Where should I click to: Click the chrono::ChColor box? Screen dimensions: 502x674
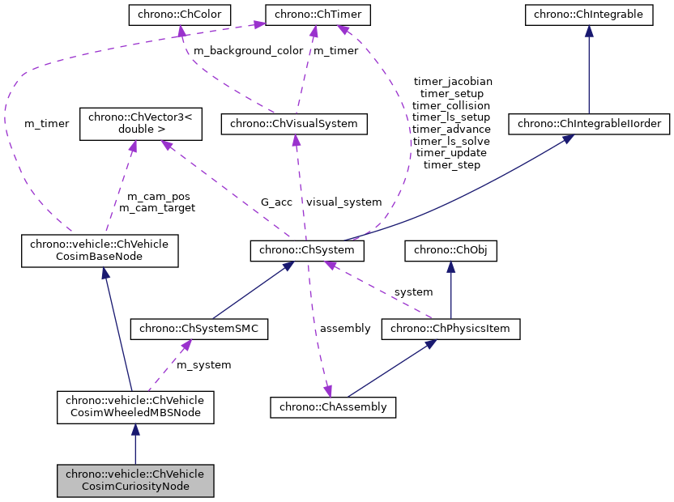[180, 14]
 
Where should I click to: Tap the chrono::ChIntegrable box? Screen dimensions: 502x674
[588, 14]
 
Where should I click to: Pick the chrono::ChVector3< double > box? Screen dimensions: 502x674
[134, 123]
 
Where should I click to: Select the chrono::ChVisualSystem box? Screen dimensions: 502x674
[295, 124]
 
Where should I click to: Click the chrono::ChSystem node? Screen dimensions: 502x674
[307, 252]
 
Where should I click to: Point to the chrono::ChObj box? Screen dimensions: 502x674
[450, 252]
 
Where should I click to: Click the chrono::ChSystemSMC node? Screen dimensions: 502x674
[198, 329]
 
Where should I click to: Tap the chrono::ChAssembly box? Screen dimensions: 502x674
[333, 406]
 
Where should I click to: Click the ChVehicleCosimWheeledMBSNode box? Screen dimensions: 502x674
[134, 406]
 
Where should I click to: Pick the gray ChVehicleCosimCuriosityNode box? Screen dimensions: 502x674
[134, 480]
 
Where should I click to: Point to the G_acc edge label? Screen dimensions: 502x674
[276, 202]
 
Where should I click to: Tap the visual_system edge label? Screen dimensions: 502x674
[343, 202]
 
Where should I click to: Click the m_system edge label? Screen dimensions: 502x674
[204, 365]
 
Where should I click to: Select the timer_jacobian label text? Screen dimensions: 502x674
[452, 82]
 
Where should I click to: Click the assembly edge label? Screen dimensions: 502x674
[345, 328]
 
